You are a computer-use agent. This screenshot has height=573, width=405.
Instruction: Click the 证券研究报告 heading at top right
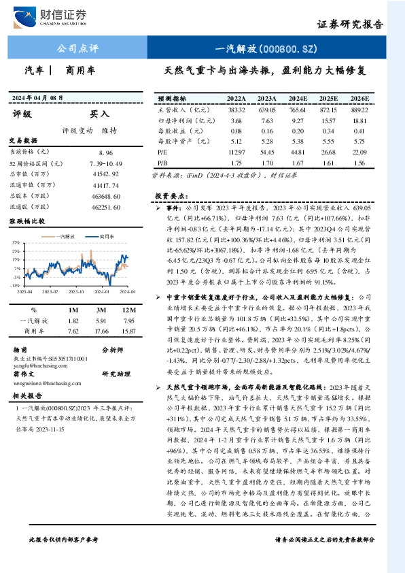click(351, 24)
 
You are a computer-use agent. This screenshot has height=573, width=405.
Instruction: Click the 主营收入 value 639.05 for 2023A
click(266, 110)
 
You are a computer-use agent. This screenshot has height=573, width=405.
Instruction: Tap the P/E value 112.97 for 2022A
click(236, 153)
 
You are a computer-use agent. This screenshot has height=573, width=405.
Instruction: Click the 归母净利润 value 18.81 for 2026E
click(359, 120)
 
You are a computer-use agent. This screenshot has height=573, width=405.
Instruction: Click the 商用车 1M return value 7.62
click(73, 331)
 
